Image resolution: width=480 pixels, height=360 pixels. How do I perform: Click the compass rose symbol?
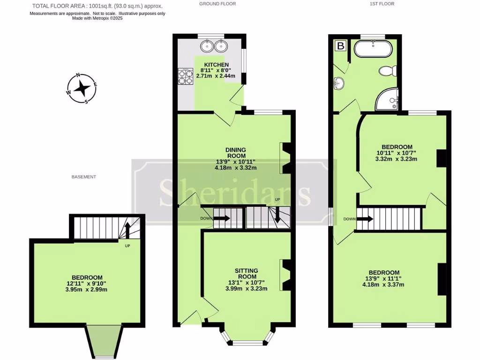tap(82, 88)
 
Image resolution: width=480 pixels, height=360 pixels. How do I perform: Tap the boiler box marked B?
tap(341, 46)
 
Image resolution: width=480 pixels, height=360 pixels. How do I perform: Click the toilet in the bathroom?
tap(388, 71)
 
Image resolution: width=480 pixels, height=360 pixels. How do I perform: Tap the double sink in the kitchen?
tap(214, 46)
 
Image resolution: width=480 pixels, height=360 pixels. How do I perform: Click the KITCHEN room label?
tap(216, 65)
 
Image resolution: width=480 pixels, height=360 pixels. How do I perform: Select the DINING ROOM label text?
tap(236, 153)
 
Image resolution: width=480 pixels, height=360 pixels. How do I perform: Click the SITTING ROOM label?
tap(246, 273)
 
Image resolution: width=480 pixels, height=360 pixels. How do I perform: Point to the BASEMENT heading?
tap(84, 177)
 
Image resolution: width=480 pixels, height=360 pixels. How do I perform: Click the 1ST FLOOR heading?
tap(382, 4)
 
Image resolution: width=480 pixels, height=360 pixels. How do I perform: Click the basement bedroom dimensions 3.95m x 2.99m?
tap(87, 289)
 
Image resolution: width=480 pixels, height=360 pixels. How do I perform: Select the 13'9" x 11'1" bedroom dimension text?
tap(384, 278)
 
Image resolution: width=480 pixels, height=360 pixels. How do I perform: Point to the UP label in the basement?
tap(127, 246)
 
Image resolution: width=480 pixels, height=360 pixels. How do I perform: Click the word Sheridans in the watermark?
tap(235, 192)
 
